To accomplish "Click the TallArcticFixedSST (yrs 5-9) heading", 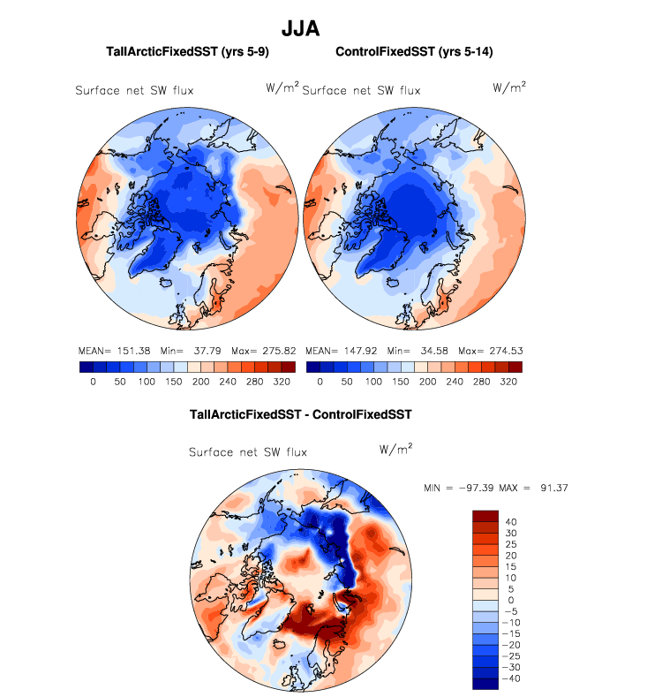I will click(187, 52).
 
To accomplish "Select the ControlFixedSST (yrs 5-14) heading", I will click(414, 52).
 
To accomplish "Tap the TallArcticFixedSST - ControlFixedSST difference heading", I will click(301, 413).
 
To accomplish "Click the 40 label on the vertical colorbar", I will click(511, 521).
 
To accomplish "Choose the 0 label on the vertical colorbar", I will click(511, 600).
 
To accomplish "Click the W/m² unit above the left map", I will click(282, 87).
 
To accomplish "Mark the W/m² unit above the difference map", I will click(395, 449).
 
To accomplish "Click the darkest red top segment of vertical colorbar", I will click(486, 515).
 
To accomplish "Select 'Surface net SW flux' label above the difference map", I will click(248, 452).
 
